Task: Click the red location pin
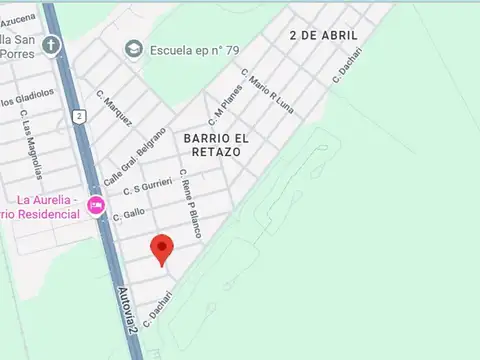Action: point(162,248)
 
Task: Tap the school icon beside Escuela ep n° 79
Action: point(133,48)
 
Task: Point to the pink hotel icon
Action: point(96,206)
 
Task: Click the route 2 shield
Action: point(78,116)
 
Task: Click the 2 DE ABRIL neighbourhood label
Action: point(322,35)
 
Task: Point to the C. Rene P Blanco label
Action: point(190,202)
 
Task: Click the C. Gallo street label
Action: point(129,213)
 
